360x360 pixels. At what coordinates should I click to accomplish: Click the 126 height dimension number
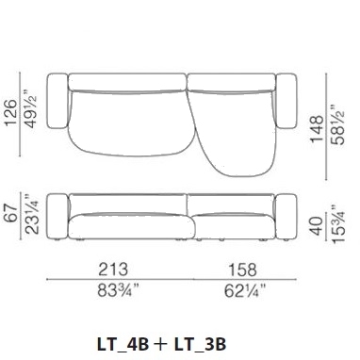tap(11, 113)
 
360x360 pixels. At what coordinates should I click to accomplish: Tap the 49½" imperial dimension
tap(31, 108)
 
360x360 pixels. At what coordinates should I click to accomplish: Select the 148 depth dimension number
tap(317, 129)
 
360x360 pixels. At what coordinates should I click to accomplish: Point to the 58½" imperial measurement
tap(338, 124)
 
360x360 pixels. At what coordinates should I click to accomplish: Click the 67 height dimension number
tap(11, 213)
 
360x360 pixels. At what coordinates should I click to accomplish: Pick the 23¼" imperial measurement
tap(31, 214)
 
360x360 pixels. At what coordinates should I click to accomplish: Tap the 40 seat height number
tap(317, 226)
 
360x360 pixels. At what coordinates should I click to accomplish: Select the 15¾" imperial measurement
tap(338, 223)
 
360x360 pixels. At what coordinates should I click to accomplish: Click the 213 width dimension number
tap(113, 270)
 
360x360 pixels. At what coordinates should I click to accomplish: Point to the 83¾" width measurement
tap(118, 290)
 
